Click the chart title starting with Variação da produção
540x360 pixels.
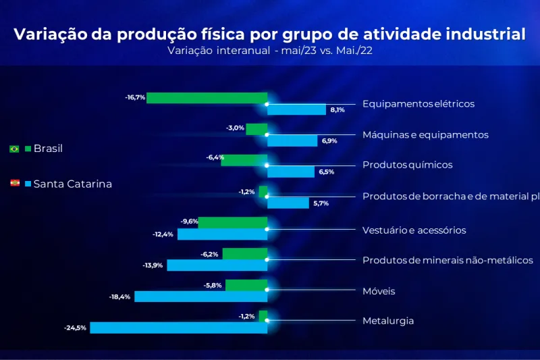coord(269,34)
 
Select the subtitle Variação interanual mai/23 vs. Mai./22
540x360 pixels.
coord(269,50)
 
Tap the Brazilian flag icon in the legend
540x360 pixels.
coord(14,149)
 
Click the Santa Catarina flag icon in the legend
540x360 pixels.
coord(14,184)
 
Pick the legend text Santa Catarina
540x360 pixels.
coord(73,184)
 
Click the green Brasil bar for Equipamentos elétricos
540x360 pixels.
coord(207,98)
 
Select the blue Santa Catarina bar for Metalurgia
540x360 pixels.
coord(178,328)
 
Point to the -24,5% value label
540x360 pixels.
coord(75,328)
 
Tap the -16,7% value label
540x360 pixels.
coord(135,98)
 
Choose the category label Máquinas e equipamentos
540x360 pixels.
coord(425,134)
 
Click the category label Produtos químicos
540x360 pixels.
coord(407,165)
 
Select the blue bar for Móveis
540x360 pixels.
coord(200,297)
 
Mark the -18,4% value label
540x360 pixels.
coord(119,297)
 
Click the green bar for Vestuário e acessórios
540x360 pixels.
coord(232,222)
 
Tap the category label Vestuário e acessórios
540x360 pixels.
coord(414,230)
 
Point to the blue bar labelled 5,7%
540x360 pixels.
coord(288,203)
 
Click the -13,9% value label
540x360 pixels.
coord(153,265)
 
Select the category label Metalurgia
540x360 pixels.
coord(388,321)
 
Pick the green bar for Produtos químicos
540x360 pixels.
coord(244,160)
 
